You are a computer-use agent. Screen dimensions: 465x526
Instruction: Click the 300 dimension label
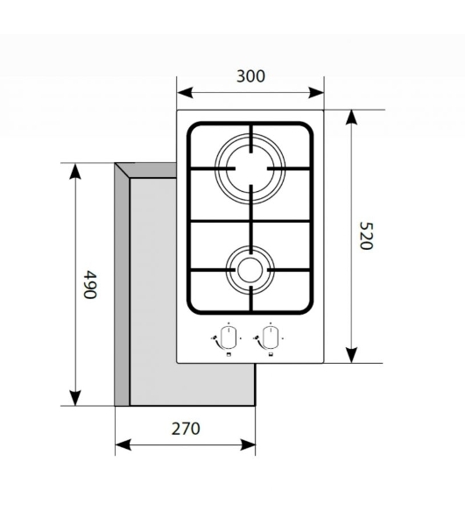point(250,76)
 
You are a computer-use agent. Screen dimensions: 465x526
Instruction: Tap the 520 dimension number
point(365,236)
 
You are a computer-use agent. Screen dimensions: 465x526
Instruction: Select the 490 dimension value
point(90,284)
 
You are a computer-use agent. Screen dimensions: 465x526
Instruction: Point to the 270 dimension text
point(186,429)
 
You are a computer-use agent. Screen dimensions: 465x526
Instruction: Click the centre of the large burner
point(250,168)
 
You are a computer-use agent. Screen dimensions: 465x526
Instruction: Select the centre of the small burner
point(250,270)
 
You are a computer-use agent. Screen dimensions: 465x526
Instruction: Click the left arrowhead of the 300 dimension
point(185,93)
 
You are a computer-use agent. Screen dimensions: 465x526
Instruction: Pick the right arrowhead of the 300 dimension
point(316,93)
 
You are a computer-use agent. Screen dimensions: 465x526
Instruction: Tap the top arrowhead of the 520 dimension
point(351,117)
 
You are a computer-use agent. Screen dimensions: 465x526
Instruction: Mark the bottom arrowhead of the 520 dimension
point(351,355)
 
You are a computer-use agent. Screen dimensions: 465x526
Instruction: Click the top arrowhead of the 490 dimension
point(75,171)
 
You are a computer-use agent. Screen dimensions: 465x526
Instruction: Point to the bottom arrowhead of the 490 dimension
point(75,398)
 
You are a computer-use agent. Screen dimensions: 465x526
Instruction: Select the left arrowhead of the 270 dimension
point(123,445)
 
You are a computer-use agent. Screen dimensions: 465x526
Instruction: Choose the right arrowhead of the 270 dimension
point(248,445)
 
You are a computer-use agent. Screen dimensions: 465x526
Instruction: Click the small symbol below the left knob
point(229,355)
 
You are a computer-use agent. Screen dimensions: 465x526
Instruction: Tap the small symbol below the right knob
point(271,355)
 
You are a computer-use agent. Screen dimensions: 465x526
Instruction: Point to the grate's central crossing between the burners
point(250,221)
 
